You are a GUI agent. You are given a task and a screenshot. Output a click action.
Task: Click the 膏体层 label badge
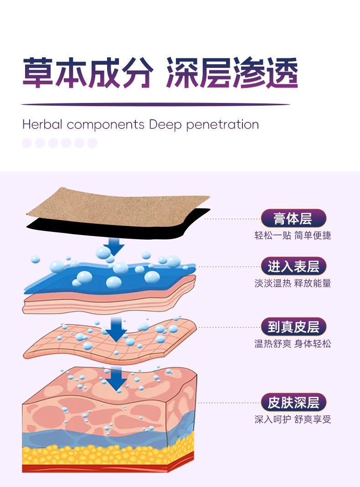pyautogui.click(x=293, y=219)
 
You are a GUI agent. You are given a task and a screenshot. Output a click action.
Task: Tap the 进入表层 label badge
pyautogui.click(x=293, y=267)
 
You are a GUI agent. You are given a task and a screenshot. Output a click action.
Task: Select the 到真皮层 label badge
pyautogui.click(x=293, y=327)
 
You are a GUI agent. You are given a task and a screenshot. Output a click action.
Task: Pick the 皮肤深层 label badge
pyautogui.click(x=293, y=403)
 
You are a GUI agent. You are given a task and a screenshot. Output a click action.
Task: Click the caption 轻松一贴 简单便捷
pyautogui.click(x=293, y=236)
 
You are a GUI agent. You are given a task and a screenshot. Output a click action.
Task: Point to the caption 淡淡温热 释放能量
pyautogui.click(x=293, y=283)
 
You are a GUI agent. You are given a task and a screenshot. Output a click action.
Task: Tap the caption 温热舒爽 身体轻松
pyautogui.click(x=293, y=343)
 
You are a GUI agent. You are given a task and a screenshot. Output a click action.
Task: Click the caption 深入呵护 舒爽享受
pyautogui.click(x=293, y=419)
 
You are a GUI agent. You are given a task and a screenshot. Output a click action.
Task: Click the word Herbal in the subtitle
pyautogui.click(x=42, y=124)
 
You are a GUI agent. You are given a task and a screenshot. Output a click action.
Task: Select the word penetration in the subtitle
pyautogui.click(x=222, y=125)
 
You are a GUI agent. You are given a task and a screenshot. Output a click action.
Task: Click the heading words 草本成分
pyautogui.click(x=87, y=72)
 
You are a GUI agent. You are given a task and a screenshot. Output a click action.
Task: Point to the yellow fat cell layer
pyautogui.click(x=105, y=453)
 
